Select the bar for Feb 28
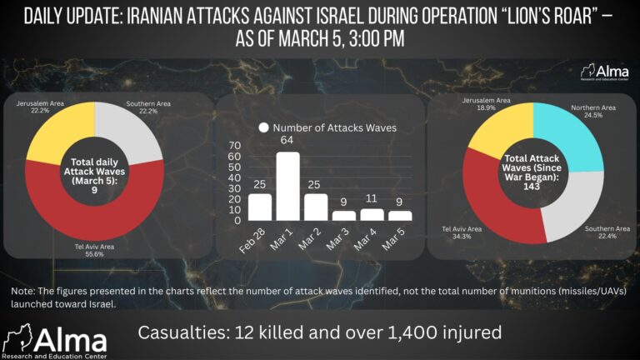tap(259, 207)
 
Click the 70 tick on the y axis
tap(234, 145)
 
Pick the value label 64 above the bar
tap(287, 141)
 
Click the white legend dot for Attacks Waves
tap(263, 127)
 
